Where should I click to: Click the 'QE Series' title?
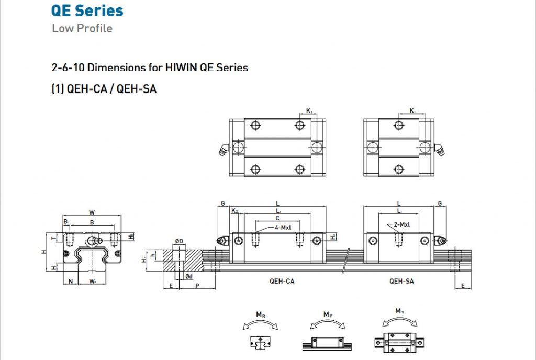click(x=87, y=10)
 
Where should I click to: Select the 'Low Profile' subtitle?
click(x=82, y=28)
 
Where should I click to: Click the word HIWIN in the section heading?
click(x=180, y=67)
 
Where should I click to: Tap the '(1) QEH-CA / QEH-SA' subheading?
click(x=104, y=89)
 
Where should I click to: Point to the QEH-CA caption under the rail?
click(x=282, y=281)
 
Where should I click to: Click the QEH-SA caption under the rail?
click(x=402, y=281)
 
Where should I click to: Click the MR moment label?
click(x=260, y=314)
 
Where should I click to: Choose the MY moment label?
click(x=400, y=312)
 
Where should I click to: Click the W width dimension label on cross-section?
click(x=92, y=212)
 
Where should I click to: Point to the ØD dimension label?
click(x=179, y=241)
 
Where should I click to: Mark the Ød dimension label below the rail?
click(x=189, y=276)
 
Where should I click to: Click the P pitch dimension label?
click(x=197, y=286)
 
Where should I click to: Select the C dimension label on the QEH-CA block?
click(x=277, y=218)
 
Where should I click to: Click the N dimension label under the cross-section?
click(x=71, y=282)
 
